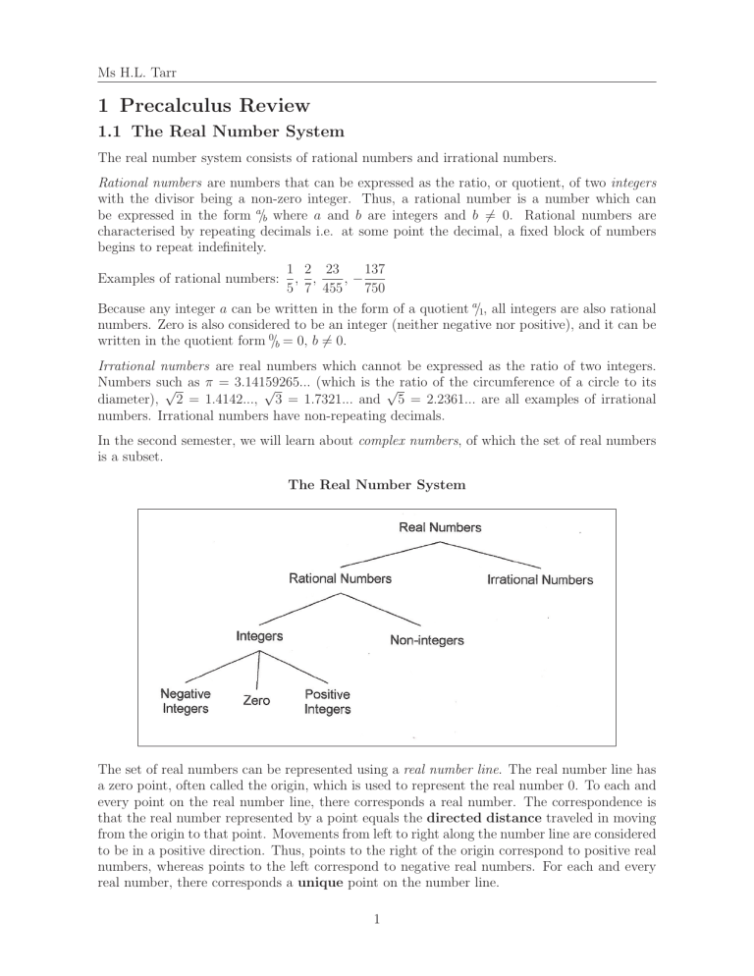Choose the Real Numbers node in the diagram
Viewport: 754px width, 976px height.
point(440,527)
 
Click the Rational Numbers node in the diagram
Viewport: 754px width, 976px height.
point(340,578)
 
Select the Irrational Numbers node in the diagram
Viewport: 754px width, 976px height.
point(540,579)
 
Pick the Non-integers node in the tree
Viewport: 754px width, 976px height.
point(427,641)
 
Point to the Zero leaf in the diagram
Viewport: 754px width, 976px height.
point(257,701)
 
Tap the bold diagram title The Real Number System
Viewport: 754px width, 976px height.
point(376,483)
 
